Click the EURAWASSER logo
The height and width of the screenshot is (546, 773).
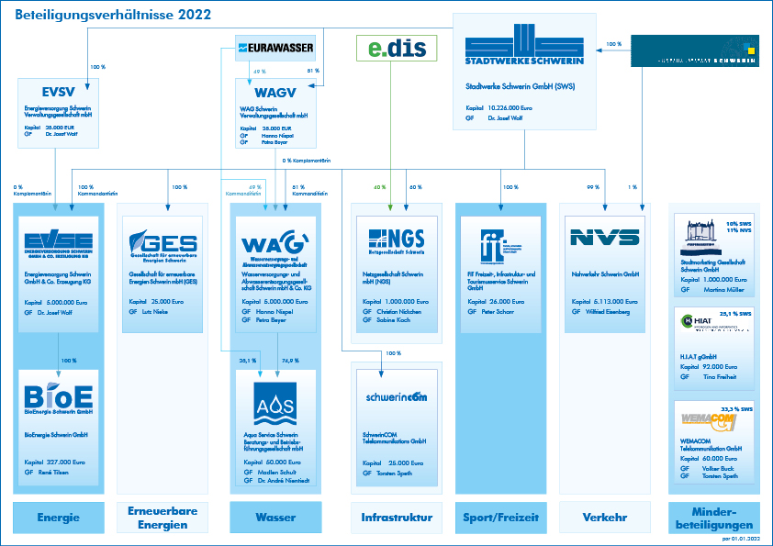pyautogui.click(x=275, y=47)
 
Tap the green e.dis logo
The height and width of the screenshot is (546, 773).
pyautogui.click(x=397, y=48)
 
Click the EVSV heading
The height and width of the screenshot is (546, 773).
pyautogui.click(x=58, y=92)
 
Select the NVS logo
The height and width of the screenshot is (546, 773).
pyautogui.click(x=604, y=239)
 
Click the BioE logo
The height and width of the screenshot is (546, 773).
pyautogui.click(x=59, y=396)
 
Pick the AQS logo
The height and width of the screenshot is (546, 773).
pyautogui.click(x=275, y=402)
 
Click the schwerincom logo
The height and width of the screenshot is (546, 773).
pyautogui.click(x=396, y=397)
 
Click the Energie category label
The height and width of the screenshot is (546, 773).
pyautogui.click(x=58, y=518)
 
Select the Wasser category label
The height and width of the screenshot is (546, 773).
pyautogui.click(x=275, y=518)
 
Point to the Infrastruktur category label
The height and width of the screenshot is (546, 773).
pyautogui.click(x=397, y=518)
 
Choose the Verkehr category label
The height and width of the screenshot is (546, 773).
pyautogui.click(x=604, y=518)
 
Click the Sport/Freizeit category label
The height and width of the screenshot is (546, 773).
pyautogui.click(x=500, y=518)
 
